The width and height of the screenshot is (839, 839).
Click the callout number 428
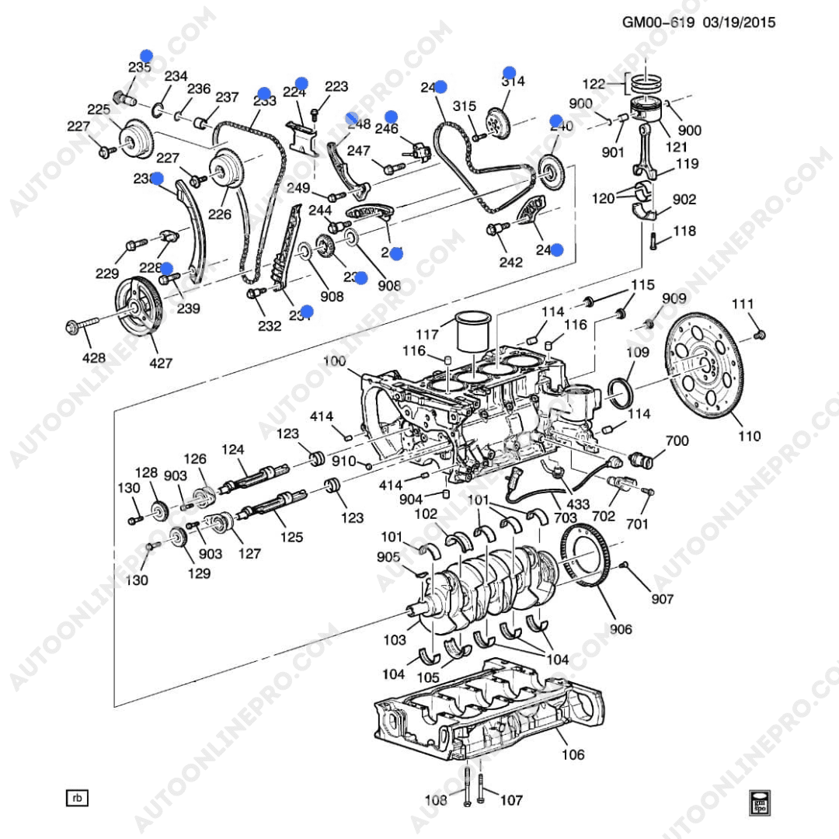pyautogui.click(x=94, y=358)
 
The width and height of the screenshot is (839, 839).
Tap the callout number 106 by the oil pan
pyautogui.click(x=573, y=754)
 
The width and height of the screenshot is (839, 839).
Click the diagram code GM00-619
pyautogui.click(x=659, y=23)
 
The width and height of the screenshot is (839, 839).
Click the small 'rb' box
pyautogui.click(x=77, y=798)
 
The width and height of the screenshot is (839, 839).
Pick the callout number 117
pyautogui.click(x=426, y=336)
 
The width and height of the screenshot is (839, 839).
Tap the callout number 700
pyautogui.click(x=677, y=441)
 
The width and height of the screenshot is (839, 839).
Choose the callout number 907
pyautogui.click(x=663, y=599)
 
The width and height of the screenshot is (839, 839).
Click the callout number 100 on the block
pyautogui.click(x=334, y=361)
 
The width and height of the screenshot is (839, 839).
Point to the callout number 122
pyautogui.click(x=594, y=84)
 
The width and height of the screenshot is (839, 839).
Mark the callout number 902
pyautogui.click(x=684, y=200)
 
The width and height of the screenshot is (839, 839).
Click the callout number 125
pyautogui.click(x=291, y=537)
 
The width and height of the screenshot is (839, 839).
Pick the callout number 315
pyautogui.click(x=464, y=106)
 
